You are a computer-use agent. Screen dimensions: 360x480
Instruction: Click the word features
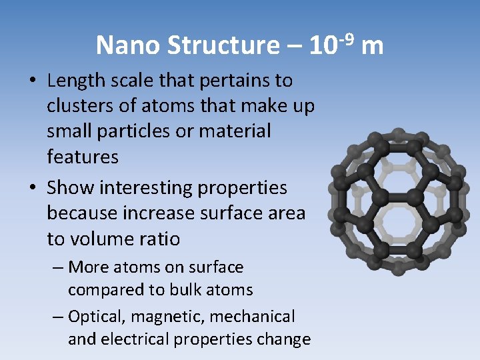[83, 157]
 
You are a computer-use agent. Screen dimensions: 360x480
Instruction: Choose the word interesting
[147, 188]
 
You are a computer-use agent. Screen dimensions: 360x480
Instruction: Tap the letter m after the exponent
[374, 45]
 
